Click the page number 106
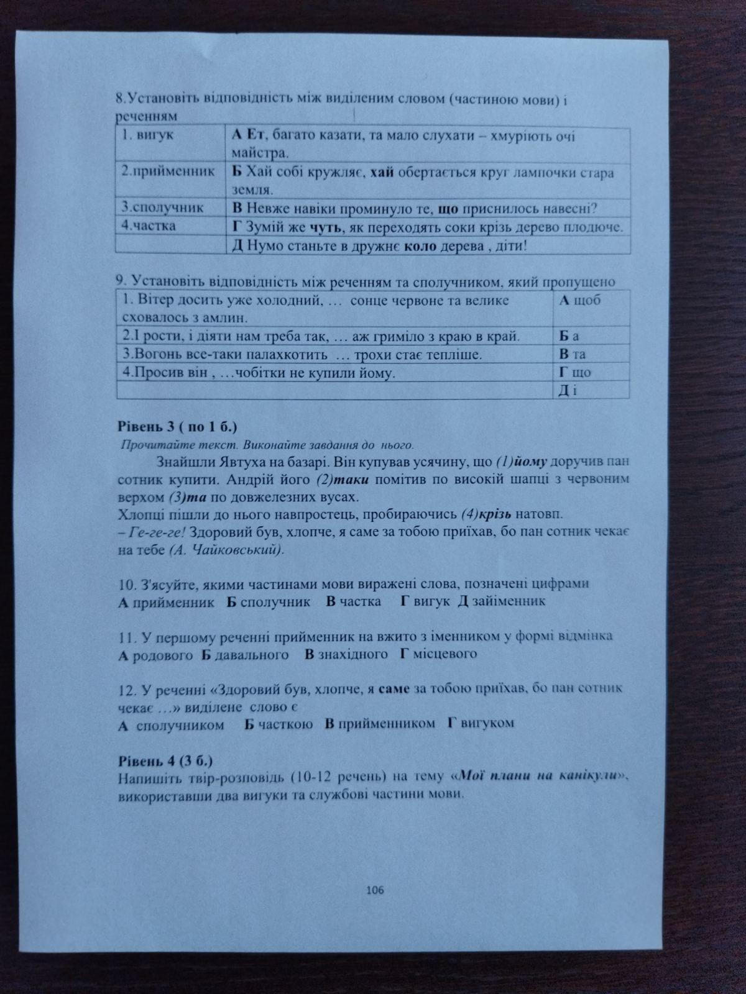pos(375,890)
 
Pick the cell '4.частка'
pos(149,226)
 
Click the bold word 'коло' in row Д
pos(417,246)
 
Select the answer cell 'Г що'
pos(574,373)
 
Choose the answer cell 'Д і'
pos(568,390)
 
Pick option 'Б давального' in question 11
pos(244,654)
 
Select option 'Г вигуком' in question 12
pos(481,724)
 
